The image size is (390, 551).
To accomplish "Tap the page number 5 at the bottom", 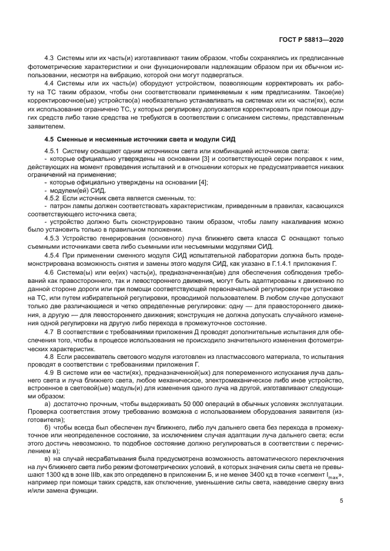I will click(x=342, y=501).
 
